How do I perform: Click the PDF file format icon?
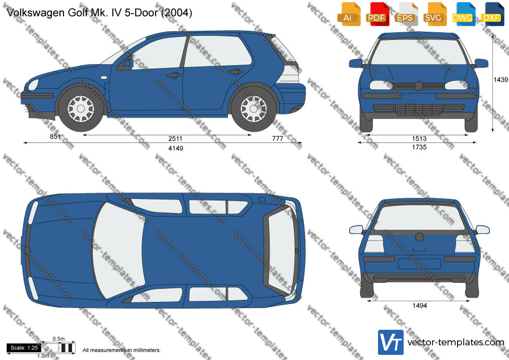click(x=377, y=14)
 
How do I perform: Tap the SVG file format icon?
click(x=434, y=14)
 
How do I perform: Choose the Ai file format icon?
click(x=348, y=14)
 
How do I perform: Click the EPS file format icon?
click(x=406, y=14)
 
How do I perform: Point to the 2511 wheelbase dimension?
click(x=175, y=139)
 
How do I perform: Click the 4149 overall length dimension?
click(x=175, y=148)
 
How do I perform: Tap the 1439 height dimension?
click(x=500, y=80)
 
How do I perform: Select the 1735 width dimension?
click(x=419, y=147)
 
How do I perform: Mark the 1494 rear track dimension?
click(x=419, y=306)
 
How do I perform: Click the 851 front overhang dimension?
click(x=55, y=137)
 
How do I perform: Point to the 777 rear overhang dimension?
click(x=278, y=139)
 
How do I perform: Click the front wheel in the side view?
click(x=81, y=108)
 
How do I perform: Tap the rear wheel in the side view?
click(x=253, y=108)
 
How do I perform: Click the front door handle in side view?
click(x=174, y=76)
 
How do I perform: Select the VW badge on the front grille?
click(x=418, y=86)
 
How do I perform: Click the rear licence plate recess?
click(x=419, y=264)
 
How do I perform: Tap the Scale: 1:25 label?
click(x=24, y=348)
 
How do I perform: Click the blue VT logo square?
click(x=391, y=342)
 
